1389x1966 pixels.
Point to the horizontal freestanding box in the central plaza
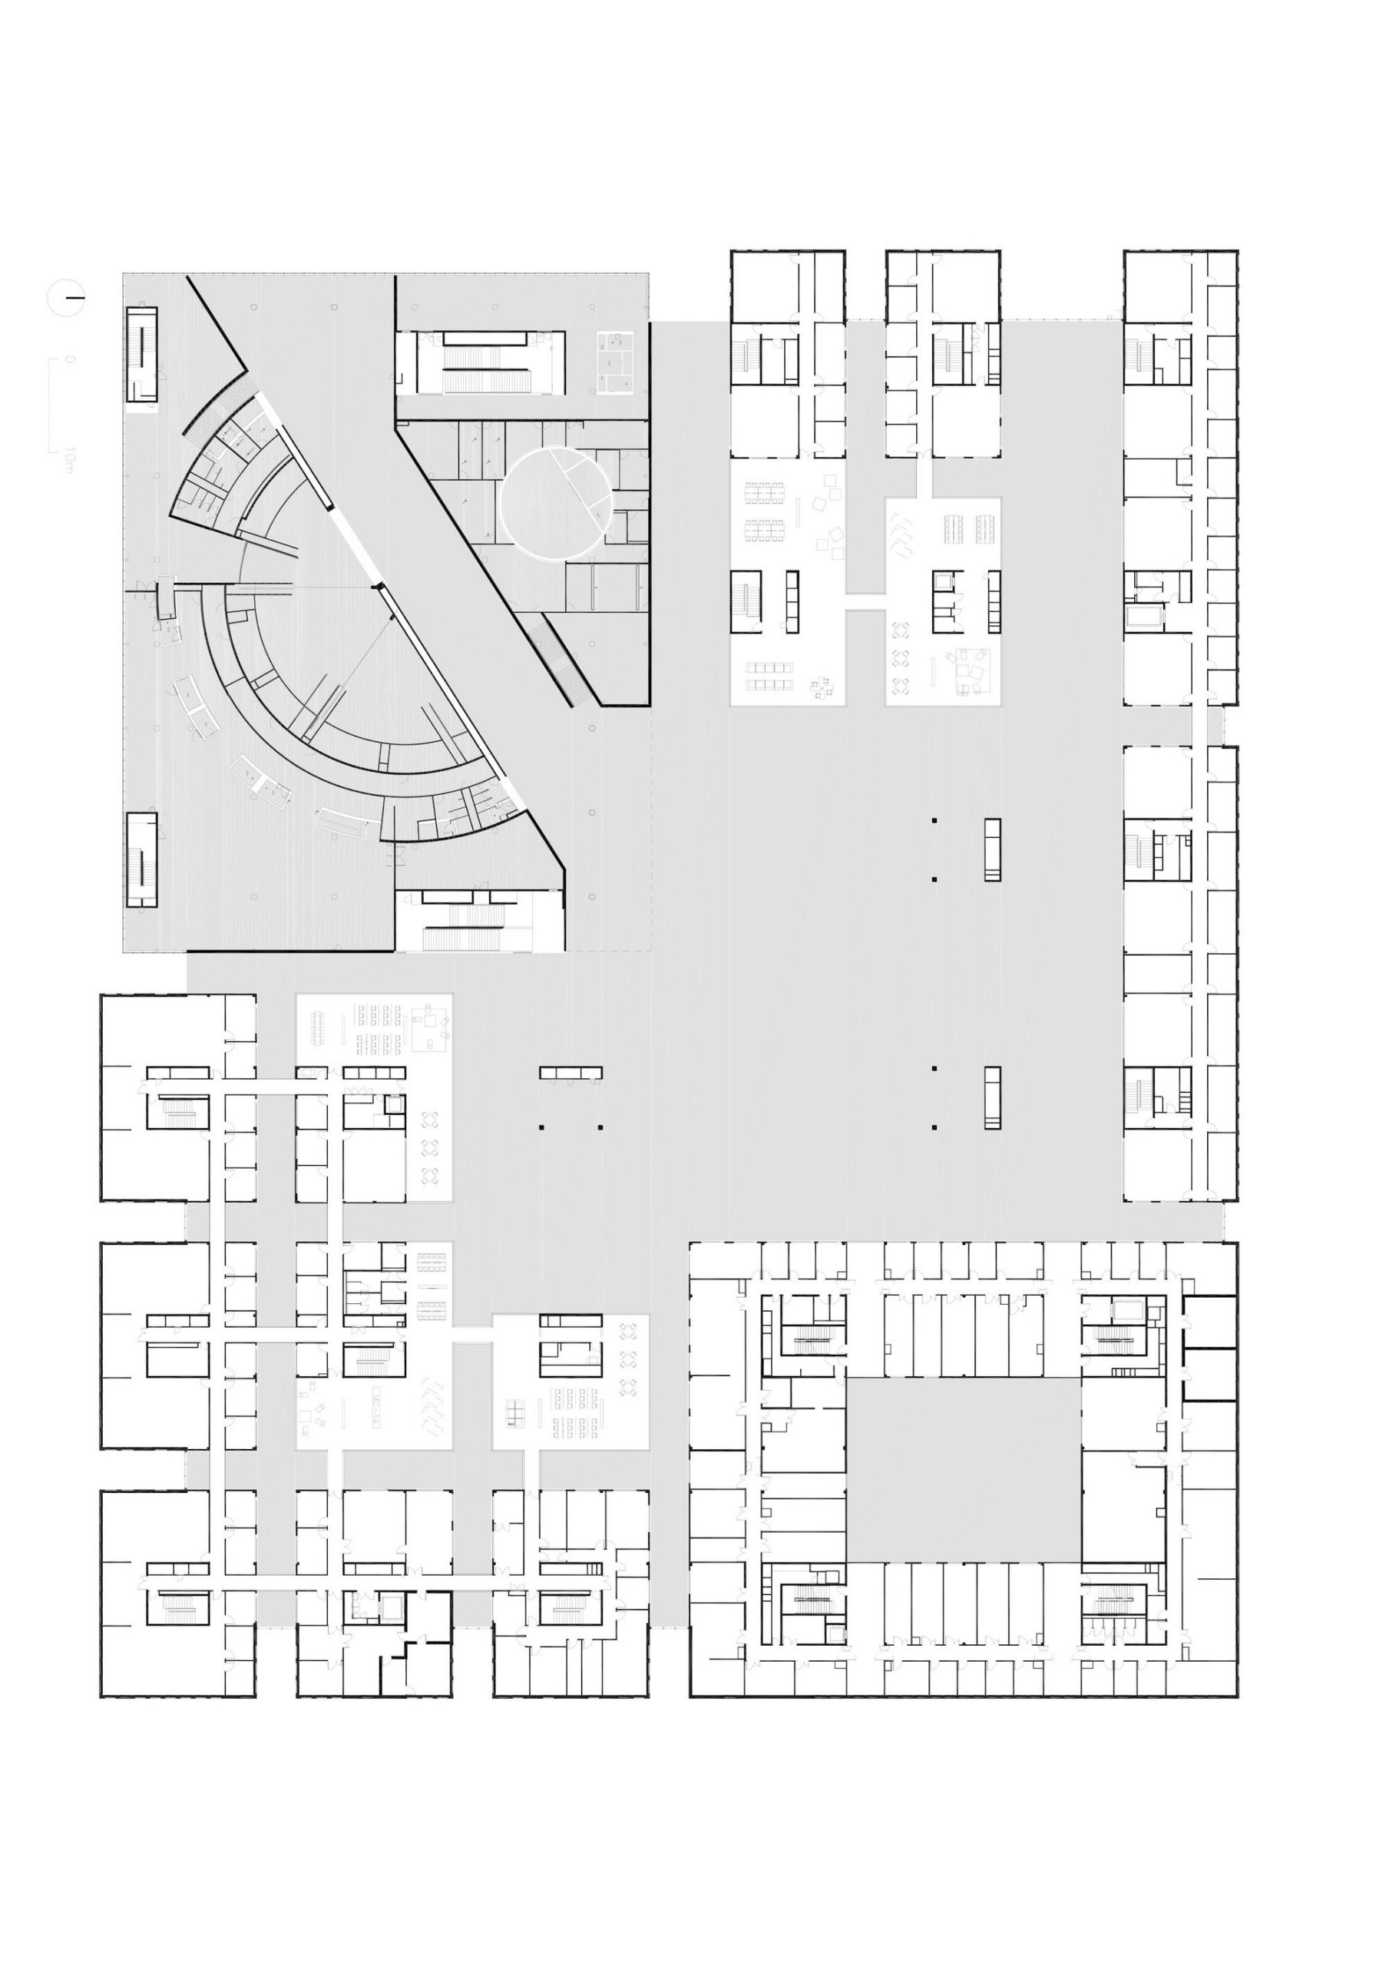pyautogui.click(x=570, y=1072)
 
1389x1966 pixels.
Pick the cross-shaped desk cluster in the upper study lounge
pyautogui.click(x=823, y=685)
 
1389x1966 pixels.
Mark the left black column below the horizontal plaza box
pyautogui.click(x=541, y=1127)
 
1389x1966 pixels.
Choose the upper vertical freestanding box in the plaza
pyautogui.click(x=992, y=849)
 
